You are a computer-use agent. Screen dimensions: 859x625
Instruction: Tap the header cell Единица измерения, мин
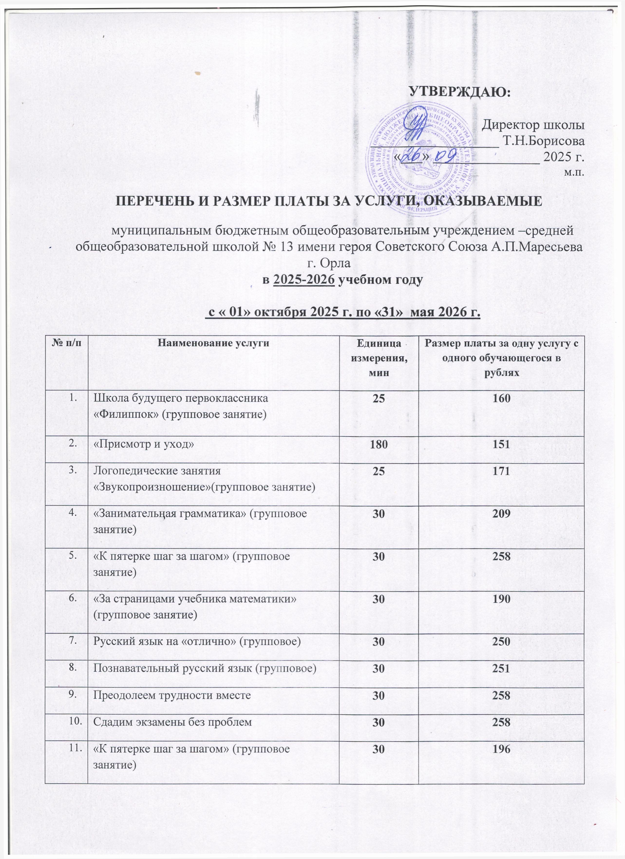[379, 358]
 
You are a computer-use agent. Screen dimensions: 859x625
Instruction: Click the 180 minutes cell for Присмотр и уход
[379, 444]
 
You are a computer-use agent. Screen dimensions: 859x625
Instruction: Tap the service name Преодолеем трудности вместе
[172, 695]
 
